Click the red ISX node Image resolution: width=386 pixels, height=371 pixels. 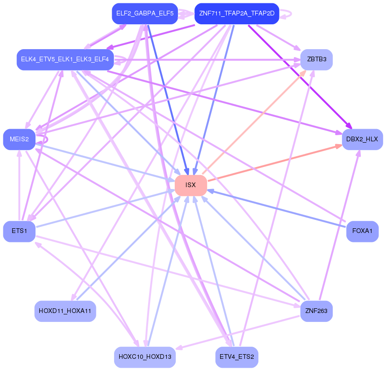191,185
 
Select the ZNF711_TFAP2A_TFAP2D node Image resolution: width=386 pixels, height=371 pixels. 236,14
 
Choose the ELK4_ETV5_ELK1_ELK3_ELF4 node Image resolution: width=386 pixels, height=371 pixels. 64,59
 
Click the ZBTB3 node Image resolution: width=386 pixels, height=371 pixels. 316,59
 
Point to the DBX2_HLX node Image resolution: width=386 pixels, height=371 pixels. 362,139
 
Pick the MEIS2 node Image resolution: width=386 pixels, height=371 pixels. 19,139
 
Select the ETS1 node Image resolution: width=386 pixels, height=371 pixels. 19,231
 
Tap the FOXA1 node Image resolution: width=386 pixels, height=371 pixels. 362,231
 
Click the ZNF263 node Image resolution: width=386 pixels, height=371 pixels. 316,311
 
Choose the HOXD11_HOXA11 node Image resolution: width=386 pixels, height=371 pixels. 65,311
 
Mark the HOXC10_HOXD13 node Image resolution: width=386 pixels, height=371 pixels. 145,357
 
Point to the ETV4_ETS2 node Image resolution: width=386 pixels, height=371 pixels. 236,357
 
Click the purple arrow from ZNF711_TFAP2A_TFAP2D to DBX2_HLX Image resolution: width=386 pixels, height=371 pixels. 299,75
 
